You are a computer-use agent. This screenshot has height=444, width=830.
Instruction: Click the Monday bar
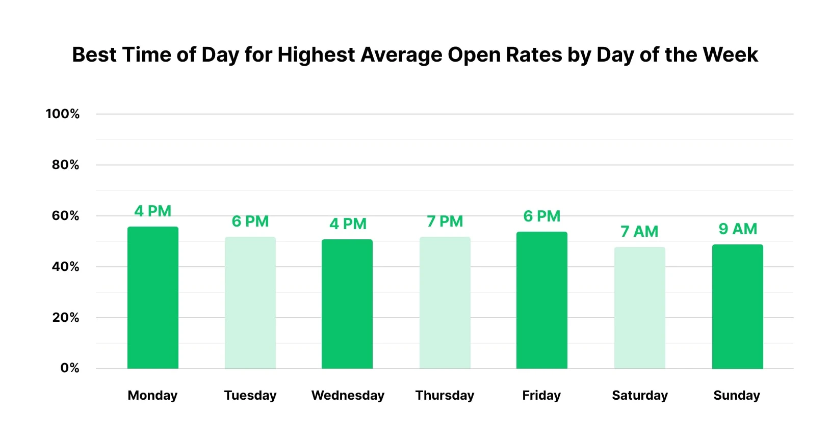(152, 298)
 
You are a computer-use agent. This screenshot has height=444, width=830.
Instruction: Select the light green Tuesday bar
(250, 303)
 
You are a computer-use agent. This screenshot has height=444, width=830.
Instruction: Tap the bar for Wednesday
(347, 304)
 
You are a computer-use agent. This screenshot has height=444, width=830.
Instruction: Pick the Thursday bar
(445, 303)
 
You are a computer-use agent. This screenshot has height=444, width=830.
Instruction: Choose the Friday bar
(541, 300)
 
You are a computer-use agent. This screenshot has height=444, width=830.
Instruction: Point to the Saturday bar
(639, 308)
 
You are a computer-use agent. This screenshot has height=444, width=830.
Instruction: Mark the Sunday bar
(737, 307)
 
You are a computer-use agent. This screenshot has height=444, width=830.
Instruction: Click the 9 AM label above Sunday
(738, 229)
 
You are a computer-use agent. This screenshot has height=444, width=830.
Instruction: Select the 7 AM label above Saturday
(639, 232)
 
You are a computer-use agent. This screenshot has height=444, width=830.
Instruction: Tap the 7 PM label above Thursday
(445, 221)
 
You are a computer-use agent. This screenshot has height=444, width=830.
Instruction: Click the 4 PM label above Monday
(152, 211)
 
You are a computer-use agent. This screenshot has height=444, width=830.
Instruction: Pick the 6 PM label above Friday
(541, 216)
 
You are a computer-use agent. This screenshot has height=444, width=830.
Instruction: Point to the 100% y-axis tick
(63, 114)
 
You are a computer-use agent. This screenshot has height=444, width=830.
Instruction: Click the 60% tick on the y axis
(65, 216)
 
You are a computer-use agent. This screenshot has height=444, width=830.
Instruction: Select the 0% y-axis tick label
(69, 368)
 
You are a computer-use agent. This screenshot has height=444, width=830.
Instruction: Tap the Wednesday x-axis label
(348, 396)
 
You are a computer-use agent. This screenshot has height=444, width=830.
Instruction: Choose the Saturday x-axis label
(639, 396)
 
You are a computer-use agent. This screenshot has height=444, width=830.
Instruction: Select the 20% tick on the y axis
(65, 318)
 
